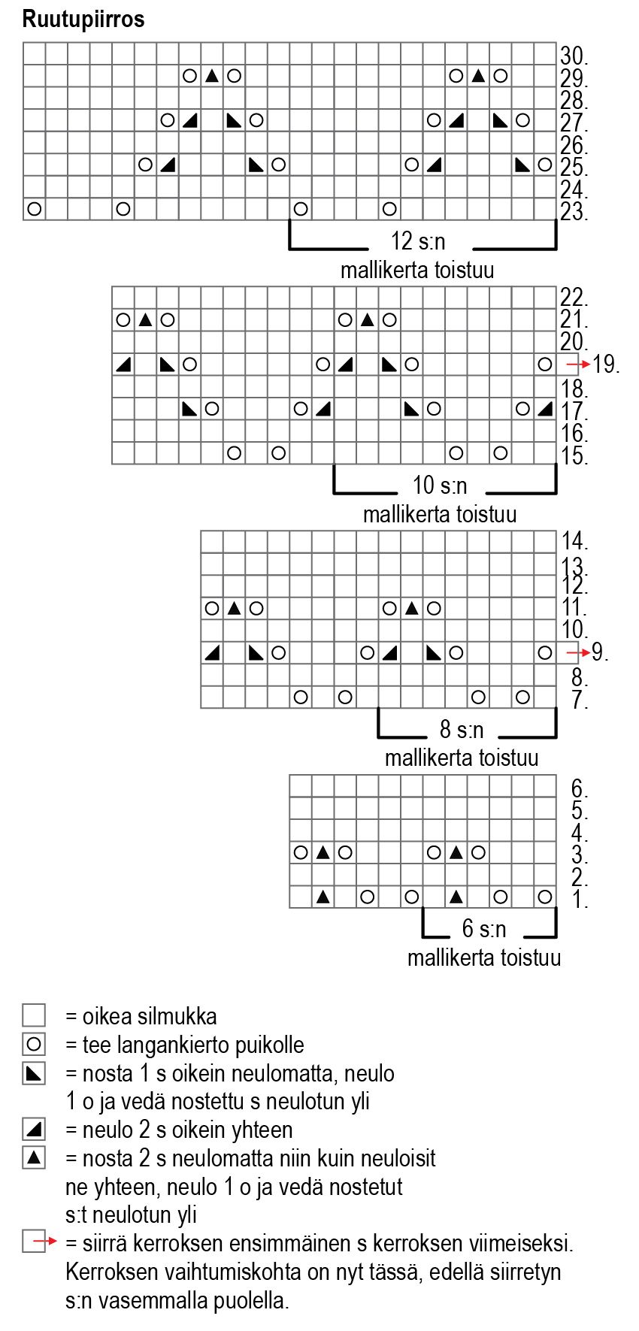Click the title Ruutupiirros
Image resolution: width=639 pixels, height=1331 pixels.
pyautogui.click(x=83, y=20)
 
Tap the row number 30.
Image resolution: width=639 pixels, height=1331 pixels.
pyautogui.click(x=573, y=56)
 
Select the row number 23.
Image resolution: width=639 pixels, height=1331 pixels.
pyautogui.click(x=573, y=212)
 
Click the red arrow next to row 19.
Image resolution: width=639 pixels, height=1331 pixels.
pyautogui.click(x=578, y=365)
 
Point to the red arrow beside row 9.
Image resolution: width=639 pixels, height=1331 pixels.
pyautogui.click(x=577, y=652)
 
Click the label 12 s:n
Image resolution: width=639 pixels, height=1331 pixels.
pyautogui.click(x=418, y=241)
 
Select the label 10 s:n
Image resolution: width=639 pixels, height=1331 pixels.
pyautogui.click(x=440, y=486)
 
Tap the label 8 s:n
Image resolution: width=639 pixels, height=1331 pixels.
pyautogui.click(x=462, y=730)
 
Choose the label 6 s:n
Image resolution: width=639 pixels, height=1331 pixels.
pyautogui.click(x=484, y=930)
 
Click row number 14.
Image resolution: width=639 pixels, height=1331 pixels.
pyautogui.click(x=574, y=541)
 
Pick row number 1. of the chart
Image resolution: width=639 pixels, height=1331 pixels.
pyautogui.click(x=579, y=899)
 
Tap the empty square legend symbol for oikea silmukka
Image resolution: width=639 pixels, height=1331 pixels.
pyautogui.click(x=34, y=1016)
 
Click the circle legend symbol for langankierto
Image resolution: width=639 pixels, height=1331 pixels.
pyautogui.click(x=34, y=1045)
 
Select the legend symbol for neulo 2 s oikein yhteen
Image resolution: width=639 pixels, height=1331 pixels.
pyautogui.click(x=34, y=1130)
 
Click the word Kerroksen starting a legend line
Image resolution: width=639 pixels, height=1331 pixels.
pyautogui.click(x=111, y=1272)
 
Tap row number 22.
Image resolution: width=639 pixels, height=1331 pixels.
pyautogui.click(x=573, y=298)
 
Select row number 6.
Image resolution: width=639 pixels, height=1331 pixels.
pyautogui.click(x=579, y=788)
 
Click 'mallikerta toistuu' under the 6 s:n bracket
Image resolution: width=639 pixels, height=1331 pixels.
pyautogui.click(x=484, y=958)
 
